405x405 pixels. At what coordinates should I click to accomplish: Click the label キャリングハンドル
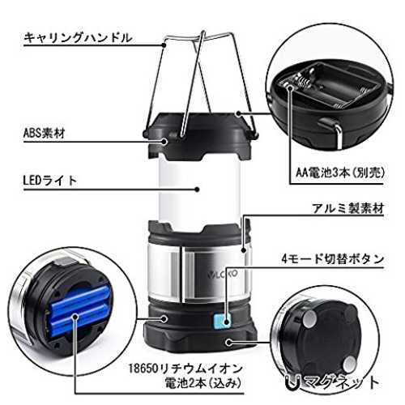pos(78,37)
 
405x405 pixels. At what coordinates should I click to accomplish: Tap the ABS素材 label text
pos(45,133)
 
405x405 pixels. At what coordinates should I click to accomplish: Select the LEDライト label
pos(50,181)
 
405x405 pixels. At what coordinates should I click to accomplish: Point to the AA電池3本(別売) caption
pos(340,173)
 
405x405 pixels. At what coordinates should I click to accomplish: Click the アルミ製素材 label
pos(348,208)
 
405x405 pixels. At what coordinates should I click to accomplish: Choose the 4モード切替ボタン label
pos(332,259)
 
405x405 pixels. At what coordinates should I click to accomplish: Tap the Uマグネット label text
pos(332,382)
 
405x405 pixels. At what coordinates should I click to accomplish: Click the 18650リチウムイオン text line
pos(185,369)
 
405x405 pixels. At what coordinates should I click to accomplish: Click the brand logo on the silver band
pos(223,274)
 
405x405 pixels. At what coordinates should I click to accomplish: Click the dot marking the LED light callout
pos(198,190)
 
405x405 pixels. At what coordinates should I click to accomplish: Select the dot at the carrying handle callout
pos(164,45)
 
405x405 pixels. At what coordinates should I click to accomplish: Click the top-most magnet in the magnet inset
pos(309,319)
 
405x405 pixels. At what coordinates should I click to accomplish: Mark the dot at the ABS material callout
pos(164,141)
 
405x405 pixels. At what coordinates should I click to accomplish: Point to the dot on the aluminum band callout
pos(244,250)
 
